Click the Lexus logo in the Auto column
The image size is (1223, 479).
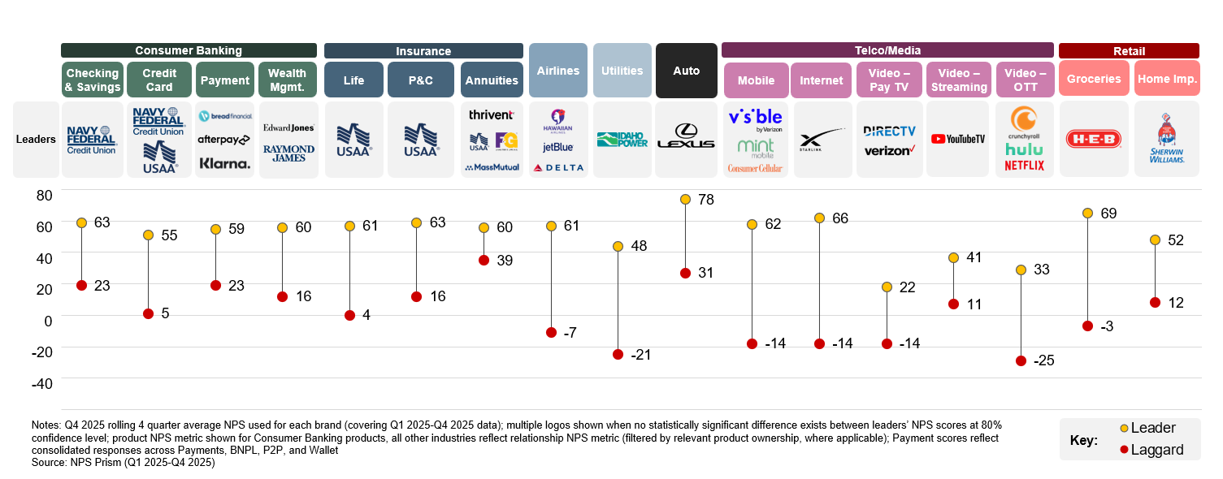[685, 137]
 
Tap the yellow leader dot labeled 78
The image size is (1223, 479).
[685, 200]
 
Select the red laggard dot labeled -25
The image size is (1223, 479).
[1021, 360]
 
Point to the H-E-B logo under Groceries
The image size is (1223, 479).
[1093, 140]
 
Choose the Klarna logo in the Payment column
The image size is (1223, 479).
[225, 163]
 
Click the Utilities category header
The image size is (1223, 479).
[622, 71]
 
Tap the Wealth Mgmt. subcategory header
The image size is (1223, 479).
[287, 80]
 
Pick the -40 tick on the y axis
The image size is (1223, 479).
[41, 383]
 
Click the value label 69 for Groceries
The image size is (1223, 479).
[1109, 214]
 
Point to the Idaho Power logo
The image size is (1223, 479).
[622, 140]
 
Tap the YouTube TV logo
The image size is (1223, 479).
[958, 139]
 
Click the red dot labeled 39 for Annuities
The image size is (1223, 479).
[484, 261]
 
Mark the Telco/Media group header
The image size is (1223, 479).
[887, 50]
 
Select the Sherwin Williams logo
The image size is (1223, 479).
[1166, 140]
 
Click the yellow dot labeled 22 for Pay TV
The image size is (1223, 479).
[887, 287]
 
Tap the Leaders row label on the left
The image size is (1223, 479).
[36, 139]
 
